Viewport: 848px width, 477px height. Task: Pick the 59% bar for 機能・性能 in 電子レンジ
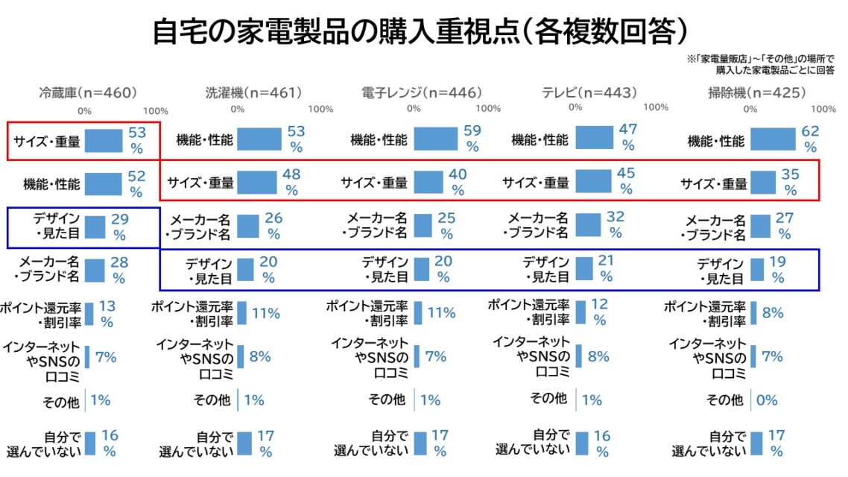(436, 139)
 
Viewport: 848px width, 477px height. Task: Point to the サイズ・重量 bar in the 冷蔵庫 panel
(104, 140)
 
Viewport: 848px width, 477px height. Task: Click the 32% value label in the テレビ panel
(615, 225)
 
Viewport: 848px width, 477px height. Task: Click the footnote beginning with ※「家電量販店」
(760, 64)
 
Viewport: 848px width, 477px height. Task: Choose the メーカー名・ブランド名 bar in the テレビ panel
(587, 225)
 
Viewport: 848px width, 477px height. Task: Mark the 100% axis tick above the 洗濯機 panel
(320, 109)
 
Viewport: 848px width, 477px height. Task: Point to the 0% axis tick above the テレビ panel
(575, 107)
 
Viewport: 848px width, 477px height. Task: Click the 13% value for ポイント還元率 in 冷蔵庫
(107, 313)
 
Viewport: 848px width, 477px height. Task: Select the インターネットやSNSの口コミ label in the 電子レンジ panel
(370, 357)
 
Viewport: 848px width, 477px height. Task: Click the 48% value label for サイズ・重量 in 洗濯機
(291, 182)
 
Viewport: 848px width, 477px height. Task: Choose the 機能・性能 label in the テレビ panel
(540, 139)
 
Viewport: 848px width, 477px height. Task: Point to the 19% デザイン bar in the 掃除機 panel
(757, 269)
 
